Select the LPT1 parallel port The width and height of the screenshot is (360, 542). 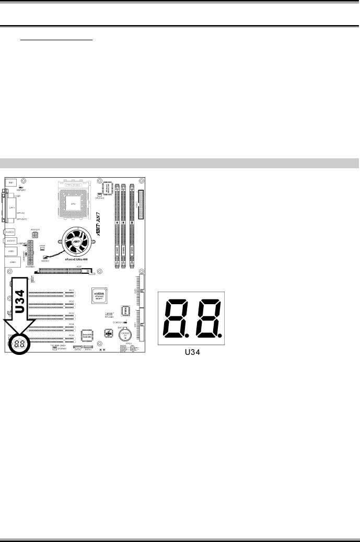coord(12,207)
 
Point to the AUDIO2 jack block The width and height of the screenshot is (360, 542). coord(10,231)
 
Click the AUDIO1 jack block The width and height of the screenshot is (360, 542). coord(10,241)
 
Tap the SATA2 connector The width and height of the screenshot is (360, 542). coord(78,347)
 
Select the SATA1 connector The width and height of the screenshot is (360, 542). coord(88,347)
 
